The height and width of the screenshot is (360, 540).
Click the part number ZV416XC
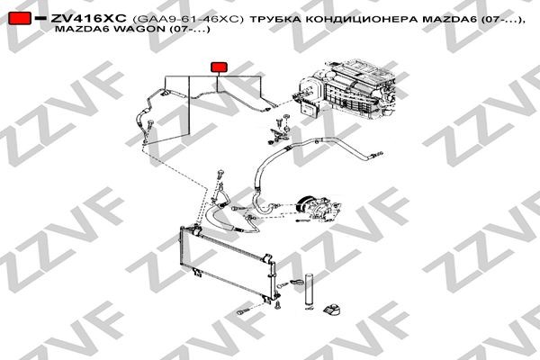click(x=88, y=18)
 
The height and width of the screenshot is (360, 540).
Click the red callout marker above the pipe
click(x=218, y=67)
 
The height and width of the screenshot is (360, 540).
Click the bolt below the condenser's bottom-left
click(x=242, y=312)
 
